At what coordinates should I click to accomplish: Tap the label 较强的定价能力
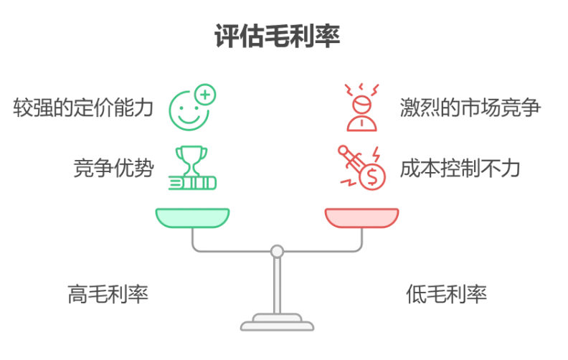84,108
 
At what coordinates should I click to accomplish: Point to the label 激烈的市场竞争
470,108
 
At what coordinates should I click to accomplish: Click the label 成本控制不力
460,169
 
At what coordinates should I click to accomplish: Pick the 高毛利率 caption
108,294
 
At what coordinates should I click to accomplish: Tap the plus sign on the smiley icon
206,93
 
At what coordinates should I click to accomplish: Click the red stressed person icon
362,108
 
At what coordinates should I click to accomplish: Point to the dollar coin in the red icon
372,176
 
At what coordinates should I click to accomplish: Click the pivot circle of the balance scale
277,251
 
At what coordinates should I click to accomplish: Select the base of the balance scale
277,323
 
